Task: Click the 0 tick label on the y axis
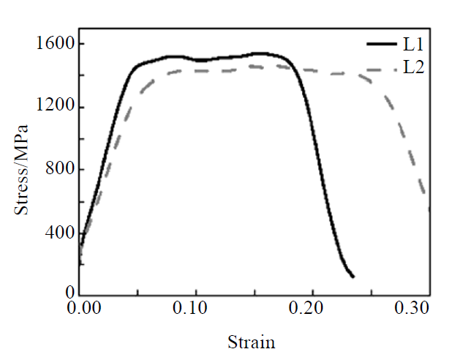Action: click(x=68, y=294)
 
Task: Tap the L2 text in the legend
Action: click(x=414, y=68)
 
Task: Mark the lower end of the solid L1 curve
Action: click(x=353, y=277)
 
